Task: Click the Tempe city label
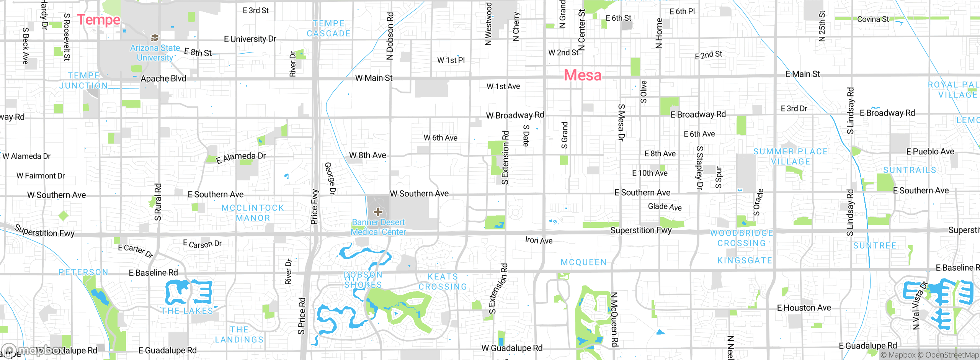coord(99,20)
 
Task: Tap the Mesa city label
coord(583,75)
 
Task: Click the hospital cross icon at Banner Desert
coord(378,211)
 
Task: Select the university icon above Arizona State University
coord(155,38)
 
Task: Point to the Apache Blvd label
coord(163,79)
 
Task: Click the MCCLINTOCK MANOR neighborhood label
coord(253,213)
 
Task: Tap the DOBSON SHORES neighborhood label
coord(363,280)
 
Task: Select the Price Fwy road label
coord(314,207)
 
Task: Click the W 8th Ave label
coord(367,155)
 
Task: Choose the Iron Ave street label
coord(539,240)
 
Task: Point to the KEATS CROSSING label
coord(443,281)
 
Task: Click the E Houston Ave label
coord(804,308)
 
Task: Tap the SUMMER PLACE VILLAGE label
coord(791,157)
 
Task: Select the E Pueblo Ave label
coord(930,152)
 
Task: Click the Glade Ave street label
coord(665,207)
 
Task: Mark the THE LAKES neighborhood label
coord(187,311)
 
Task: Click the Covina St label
coord(873,19)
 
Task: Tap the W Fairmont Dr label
coord(41,176)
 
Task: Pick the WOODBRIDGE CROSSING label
coord(742,238)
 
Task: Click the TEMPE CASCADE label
coord(328,29)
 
